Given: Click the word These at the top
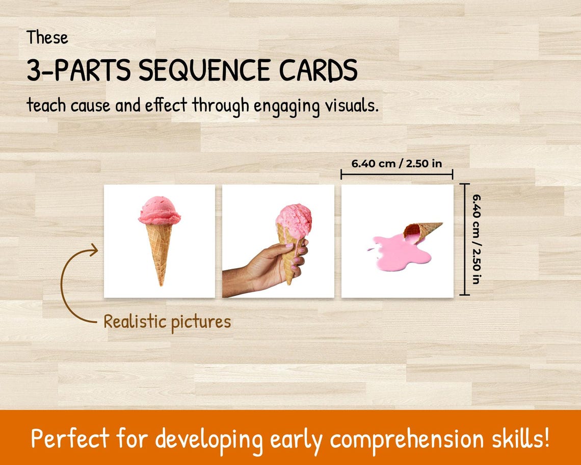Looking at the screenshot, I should click(x=47, y=38).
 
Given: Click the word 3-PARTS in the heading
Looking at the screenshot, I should click(x=79, y=71).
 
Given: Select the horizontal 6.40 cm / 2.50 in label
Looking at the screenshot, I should click(x=397, y=164).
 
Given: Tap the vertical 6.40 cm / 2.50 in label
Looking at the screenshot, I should click(x=477, y=239).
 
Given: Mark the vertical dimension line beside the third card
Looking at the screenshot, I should click(x=464, y=239).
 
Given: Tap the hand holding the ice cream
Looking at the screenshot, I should click(x=270, y=265).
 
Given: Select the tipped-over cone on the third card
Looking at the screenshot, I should click(x=422, y=230).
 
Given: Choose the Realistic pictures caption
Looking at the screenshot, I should click(x=167, y=322).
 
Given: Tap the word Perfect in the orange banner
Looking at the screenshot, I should click(x=70, y=438).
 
